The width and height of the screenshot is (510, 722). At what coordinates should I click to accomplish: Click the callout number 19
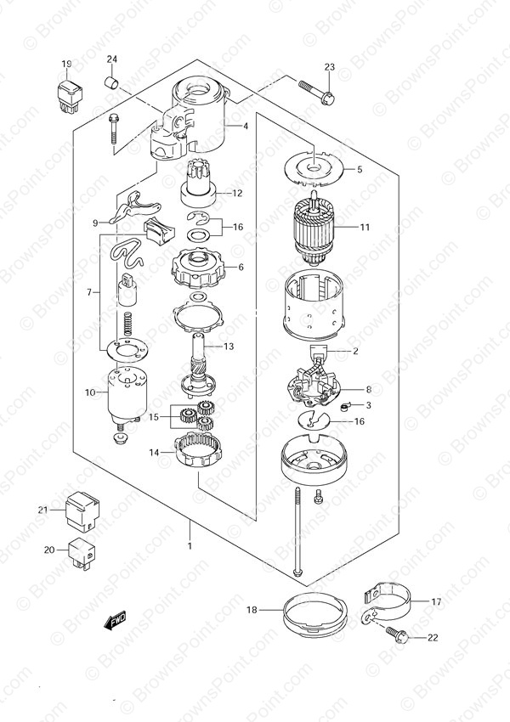click(x=67, y=64)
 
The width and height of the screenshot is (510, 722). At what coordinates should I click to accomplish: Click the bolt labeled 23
click(x=316, y=91)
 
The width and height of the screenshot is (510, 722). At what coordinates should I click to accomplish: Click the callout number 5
click(x=360, y=169)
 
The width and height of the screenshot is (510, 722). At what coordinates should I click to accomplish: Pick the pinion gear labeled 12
click(x=198, y=183)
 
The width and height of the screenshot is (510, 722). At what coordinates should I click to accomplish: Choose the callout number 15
click(x=153, y=417)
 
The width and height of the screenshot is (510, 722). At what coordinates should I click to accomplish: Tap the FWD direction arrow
click(x=114, y=621)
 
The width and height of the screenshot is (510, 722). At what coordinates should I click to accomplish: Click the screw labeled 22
click(x=396, y=635)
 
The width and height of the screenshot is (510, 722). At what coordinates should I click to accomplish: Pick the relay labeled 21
click(x=82, y=510)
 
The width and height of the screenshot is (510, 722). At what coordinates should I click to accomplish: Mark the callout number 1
click(x=190, y=546)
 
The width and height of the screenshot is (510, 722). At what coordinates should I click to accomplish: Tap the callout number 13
click(x=229, y=347)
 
